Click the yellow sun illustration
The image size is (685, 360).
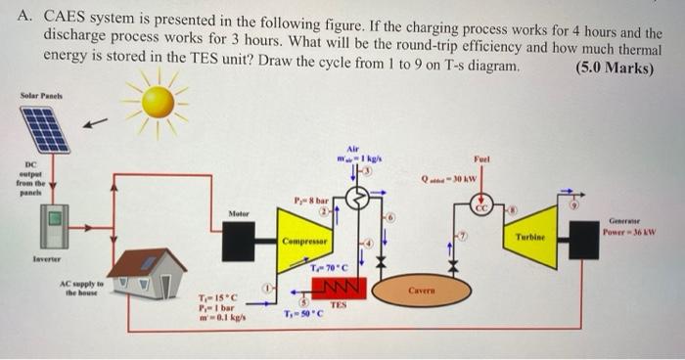158,101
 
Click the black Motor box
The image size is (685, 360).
238,241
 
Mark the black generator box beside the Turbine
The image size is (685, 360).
584,239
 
